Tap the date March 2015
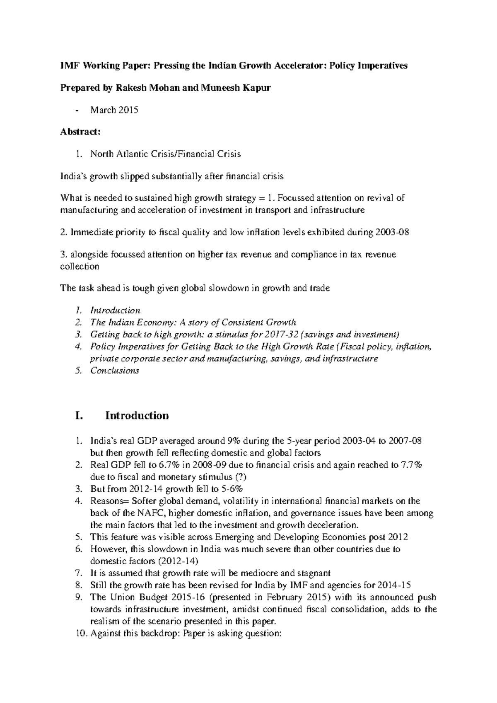[114, 110]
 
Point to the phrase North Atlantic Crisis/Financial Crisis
[165, 154]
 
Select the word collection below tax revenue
[80, 267]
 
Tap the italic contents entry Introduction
[115, 311]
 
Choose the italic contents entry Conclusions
[115, 371]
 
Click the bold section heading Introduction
[137, 416]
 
